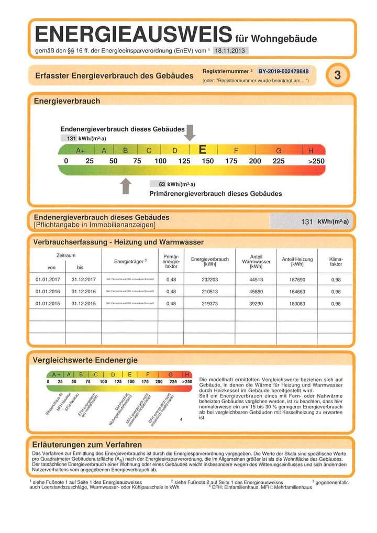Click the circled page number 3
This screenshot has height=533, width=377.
tap(337, 75)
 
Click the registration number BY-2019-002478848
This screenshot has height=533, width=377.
tap(283, 71)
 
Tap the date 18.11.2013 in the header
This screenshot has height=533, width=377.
tap(230, 50)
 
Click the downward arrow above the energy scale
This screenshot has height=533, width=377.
tap(191, 133)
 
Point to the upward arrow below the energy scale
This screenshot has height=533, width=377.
tap(126, 185)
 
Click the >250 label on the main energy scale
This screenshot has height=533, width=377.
tap(316, 161)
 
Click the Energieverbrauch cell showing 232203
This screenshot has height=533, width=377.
tap(209, 280)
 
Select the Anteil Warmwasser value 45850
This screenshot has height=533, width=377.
tap(256, 292)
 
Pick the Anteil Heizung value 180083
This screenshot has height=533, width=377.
tap(297, 304)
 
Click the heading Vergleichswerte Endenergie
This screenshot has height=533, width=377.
tap(85, 360)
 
